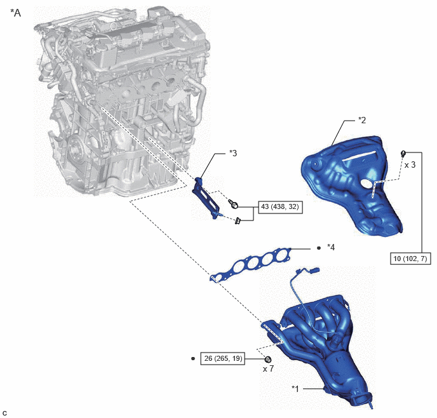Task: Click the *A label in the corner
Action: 16,13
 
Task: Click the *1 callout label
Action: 295,389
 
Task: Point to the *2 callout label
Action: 362,120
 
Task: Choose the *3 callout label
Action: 233,153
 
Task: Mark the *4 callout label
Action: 331,247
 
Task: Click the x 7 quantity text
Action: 268,369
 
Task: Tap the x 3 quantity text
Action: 410,165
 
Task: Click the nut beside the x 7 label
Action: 268,359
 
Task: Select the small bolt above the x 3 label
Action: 403,153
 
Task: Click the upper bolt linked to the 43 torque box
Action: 233,205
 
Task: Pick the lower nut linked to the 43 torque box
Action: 238,221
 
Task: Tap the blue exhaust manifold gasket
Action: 251,264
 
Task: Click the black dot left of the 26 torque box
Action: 193,358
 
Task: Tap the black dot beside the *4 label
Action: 319,248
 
